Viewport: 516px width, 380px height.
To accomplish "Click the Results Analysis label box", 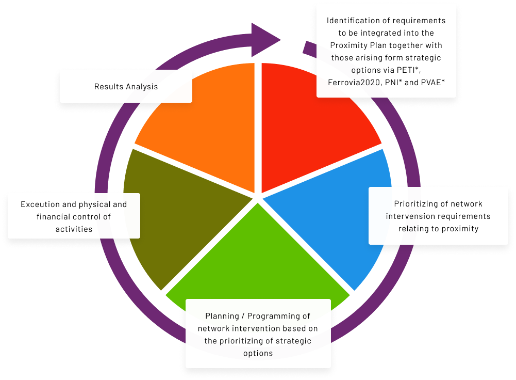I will (126, 86).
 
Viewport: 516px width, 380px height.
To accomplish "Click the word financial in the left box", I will (55, 217).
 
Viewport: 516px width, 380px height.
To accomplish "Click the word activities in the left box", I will (74, 229).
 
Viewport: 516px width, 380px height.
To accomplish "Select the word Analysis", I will (142, 86).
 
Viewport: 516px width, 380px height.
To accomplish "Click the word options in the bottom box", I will (258, 353).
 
